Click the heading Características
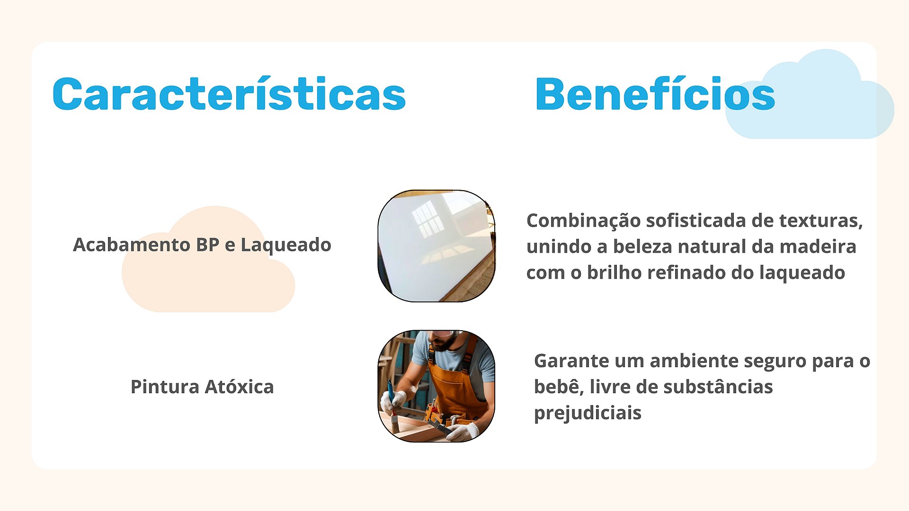(229, 94)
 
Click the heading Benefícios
(655, 94)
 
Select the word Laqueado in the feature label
(286, 245)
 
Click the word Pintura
(165, 387)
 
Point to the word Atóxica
(239, 387)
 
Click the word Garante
(571, 361)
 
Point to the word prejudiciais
(588, 413)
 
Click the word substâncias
(718, 387)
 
